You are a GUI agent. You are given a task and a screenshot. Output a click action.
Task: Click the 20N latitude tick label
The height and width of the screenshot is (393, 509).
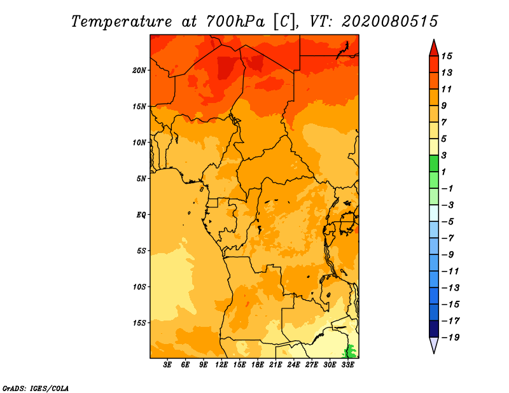pos(139,71)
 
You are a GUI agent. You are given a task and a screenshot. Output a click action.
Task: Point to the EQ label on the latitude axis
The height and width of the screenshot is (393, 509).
pos(141,215)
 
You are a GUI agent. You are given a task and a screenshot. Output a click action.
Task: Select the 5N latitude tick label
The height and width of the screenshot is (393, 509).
pos(141,179)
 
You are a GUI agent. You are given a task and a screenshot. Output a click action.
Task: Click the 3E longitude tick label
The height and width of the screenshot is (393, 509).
pos(167,365)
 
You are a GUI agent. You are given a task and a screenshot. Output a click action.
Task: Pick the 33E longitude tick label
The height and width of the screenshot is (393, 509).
pos(347,365)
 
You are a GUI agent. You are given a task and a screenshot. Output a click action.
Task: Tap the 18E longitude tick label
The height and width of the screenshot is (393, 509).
pos(258,365)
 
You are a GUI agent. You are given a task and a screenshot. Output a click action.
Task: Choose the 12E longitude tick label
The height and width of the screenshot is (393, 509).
pos(221,365)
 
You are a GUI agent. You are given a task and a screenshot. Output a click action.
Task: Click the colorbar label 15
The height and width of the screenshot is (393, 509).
pos(447,56)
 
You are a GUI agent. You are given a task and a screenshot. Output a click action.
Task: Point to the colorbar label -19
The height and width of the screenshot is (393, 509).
pos(450,338)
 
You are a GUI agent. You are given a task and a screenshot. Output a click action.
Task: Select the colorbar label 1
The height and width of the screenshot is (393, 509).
pos(443,172)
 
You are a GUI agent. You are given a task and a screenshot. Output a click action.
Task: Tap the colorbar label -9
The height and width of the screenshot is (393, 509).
pos(447,255)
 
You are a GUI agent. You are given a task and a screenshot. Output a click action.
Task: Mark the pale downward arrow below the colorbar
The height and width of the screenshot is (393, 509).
pos(434,344)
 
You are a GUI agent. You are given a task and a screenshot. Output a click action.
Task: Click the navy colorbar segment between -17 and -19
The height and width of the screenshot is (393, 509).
pos(434,329)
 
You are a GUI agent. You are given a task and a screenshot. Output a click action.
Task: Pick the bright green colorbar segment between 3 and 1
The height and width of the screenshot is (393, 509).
pos(434,163)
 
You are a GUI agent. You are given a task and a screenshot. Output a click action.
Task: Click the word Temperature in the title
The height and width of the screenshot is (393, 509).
pos(122,22)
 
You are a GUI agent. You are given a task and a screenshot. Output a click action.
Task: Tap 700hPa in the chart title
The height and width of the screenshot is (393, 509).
pos(235,22)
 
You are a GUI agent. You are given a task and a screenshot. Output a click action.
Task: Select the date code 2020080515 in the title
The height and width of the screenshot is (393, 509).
pos(390,22)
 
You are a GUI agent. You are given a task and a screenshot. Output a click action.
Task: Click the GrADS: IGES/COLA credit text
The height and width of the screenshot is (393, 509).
pos(36,389)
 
